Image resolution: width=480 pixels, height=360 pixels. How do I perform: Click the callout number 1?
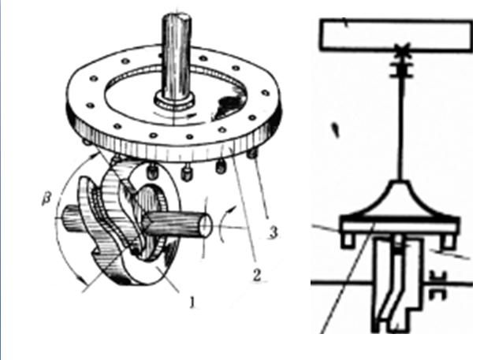(192, 302)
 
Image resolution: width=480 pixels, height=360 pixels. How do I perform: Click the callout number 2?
(257, 275)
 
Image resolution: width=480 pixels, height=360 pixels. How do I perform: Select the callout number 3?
(273, 232)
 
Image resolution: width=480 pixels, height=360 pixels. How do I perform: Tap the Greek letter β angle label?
(47, 199)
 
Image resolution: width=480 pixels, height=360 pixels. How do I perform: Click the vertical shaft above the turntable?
(177, 55)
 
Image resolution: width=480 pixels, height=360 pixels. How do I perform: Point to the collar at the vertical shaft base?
(174, 100)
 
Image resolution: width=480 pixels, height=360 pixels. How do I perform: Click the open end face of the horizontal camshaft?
(206, 225)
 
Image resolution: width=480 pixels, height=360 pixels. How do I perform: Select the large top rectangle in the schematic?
(396, 35)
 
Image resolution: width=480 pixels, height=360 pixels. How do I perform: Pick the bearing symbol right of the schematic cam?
(438, 285)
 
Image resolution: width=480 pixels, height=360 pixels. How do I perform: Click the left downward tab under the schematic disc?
(347, 240)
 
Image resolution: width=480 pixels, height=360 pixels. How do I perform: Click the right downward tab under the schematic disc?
(447, 241)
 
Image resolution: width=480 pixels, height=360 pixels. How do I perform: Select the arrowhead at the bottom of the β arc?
(81, 279)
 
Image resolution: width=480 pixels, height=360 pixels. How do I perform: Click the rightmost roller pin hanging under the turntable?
(252, 154)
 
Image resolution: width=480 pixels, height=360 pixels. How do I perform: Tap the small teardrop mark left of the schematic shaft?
(337, 130)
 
